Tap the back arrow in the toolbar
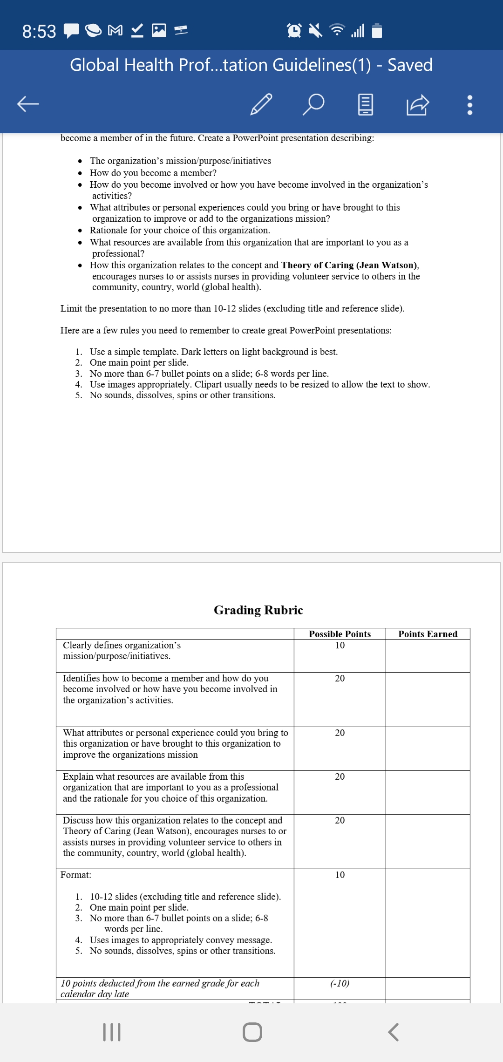click(x=28, y=104)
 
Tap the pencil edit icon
click(x=261, y=104)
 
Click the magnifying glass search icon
click(x=313, y=104)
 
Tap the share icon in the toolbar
click(x=417, y=104)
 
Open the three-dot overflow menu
click(x=469, y=105)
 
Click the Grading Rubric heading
click(x=258, y=610)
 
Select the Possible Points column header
click(x=340, y=634)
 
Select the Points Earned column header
click(x=428, y=634)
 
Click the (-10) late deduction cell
click(x=340, y=983)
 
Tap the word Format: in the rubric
click(x=76, y=875)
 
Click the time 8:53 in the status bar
click(x=39, y=32)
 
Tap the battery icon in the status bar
click(x=377, y=31)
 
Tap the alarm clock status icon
click(x=294, y=31)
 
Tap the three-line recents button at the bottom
click(x=112, y=1032)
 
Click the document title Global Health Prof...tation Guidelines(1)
click(x=221, y=65)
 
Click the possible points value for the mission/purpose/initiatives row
click(x=340, y=645)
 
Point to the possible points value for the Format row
click(x=340, y=875)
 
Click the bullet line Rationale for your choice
click(x=180, y=230)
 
